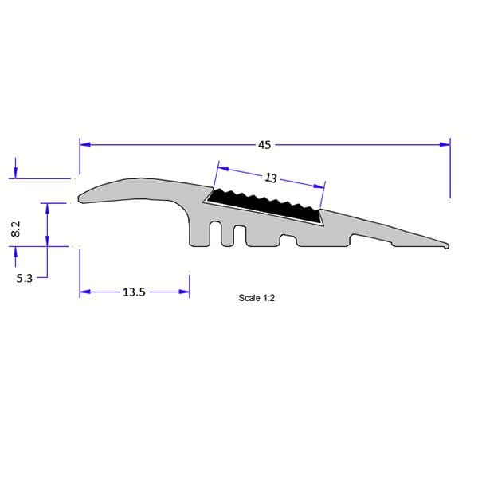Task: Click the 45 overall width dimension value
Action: (x=264, y=145)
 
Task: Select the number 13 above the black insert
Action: (x=270, y=178)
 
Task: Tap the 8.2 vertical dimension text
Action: (x=15, y=229)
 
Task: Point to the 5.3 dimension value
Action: (x=25, y=278)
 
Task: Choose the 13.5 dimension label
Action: (x=133, y=292)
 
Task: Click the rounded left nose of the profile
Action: (x=81, y=196)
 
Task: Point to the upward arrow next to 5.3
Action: (x=15, y=253)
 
